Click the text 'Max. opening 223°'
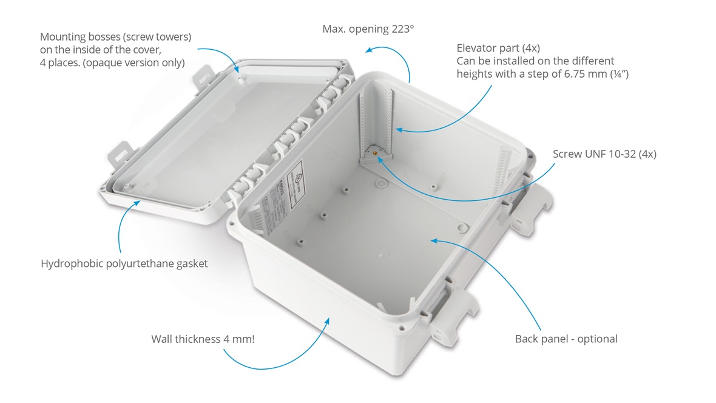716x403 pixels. (x=368, y=29)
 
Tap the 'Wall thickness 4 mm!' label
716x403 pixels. (x=203, y=339)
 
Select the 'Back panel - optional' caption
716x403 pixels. (x=566, y=339)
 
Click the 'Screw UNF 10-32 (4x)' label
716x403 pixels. (x=604, y=154)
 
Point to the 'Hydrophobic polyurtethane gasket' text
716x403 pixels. (x=124, y=264)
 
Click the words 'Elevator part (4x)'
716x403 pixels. (x=498, y=47)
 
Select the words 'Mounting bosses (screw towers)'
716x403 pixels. (x=115, y=37)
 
